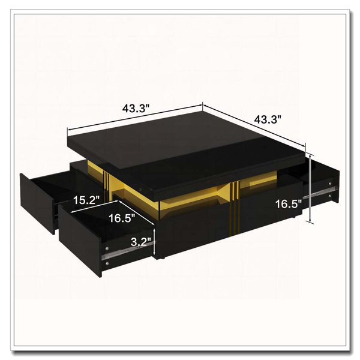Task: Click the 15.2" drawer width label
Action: [x=86, y=200]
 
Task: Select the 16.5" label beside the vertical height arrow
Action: [x=289, y=204]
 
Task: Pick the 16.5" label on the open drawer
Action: [x=122, y=218]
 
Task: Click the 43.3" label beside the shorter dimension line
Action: [x=268, y=120]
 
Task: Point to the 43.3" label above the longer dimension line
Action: [x=136, y=108]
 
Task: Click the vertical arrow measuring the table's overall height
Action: [x=310, y=188]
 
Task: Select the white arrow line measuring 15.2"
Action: [x=95, y=206]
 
